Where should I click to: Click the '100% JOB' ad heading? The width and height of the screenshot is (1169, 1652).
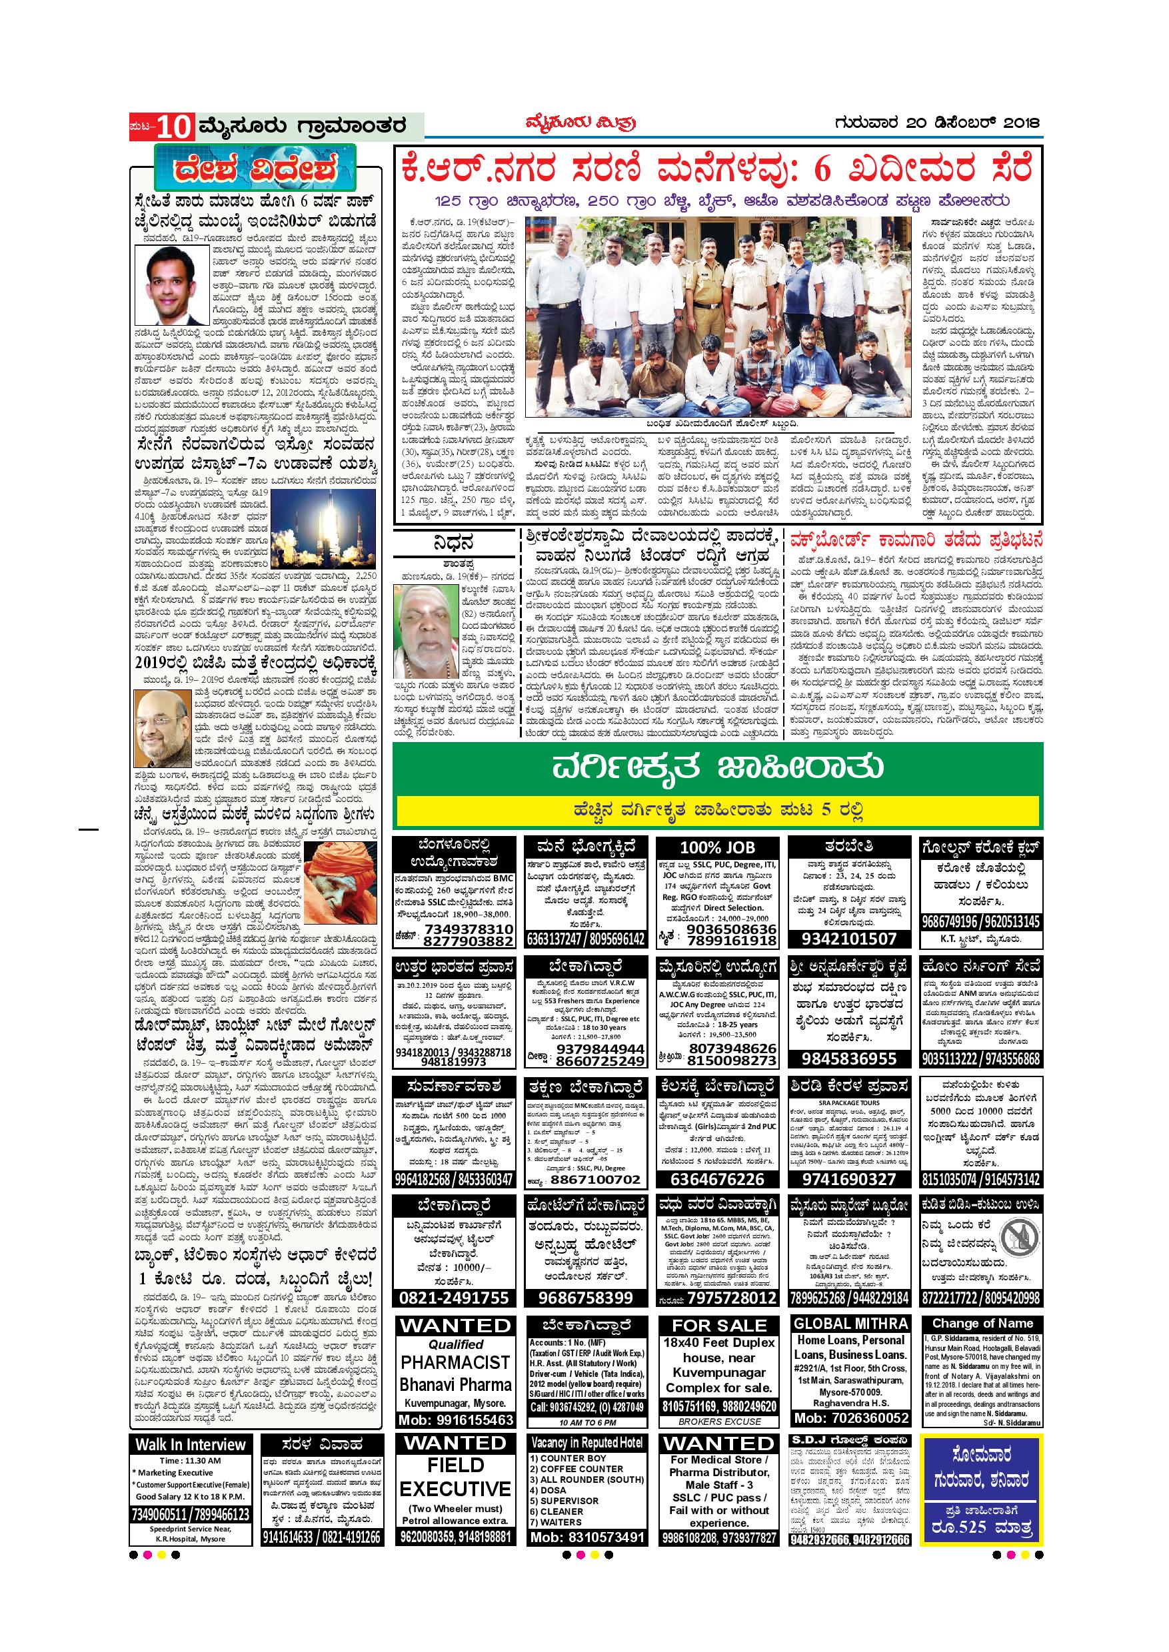pos(718,847)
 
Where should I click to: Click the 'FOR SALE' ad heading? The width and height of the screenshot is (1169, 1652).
pos(718,1326)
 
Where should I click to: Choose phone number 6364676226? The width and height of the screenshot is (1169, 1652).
pos(718,1179)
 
